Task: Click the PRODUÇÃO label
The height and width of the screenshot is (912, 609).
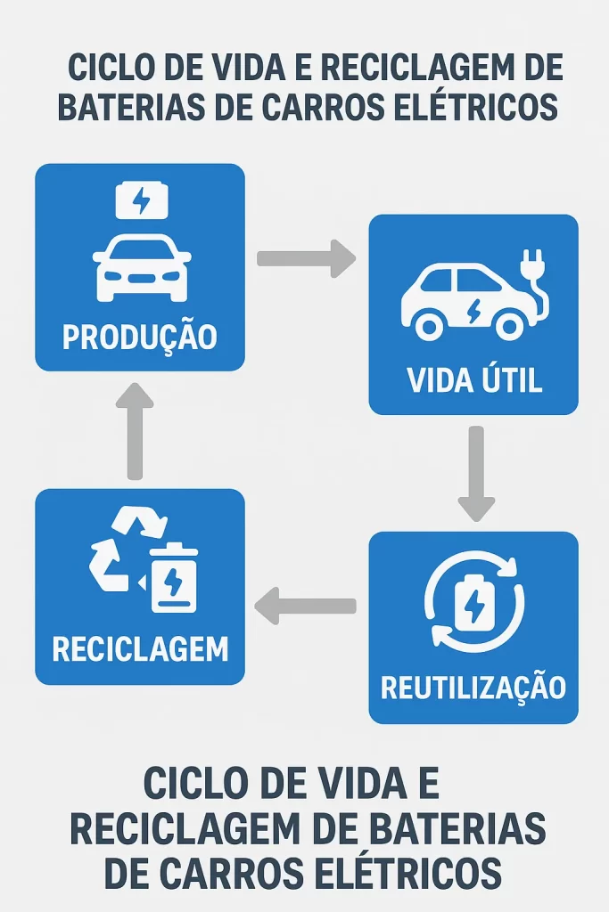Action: pyautogui.click(x=139, y=338)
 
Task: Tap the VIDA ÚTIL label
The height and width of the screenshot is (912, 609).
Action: pyautogui.click(x=474, y=380)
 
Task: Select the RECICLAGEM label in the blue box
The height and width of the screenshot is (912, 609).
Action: pyautogui.click(x=140, y=648)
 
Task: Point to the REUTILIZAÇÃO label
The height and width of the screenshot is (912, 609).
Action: pyautogui.click(x=473, y=688)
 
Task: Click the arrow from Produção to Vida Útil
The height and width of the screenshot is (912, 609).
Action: pyautogui.click(x=306, y=258)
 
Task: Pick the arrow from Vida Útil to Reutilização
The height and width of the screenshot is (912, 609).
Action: pyautogui.click(x=476, y=472)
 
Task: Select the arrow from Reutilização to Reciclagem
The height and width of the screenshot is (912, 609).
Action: pyautogui.click(x=306, y=607)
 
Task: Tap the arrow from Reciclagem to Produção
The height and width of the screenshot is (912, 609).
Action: pyautogui.click(x=135, y=431)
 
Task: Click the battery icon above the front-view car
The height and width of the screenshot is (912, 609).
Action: pyautogui.click(x=141, y=201)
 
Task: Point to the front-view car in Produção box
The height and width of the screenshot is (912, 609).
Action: pyautogui.click(x=141, y=265)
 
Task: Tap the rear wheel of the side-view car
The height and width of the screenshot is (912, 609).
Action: pyautogui.click(x=431, y=325)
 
